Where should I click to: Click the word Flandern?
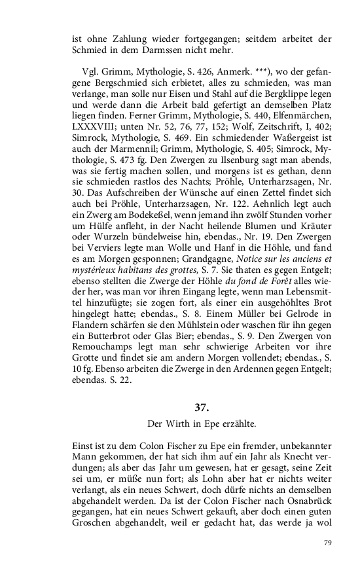[x=92, y=322]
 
